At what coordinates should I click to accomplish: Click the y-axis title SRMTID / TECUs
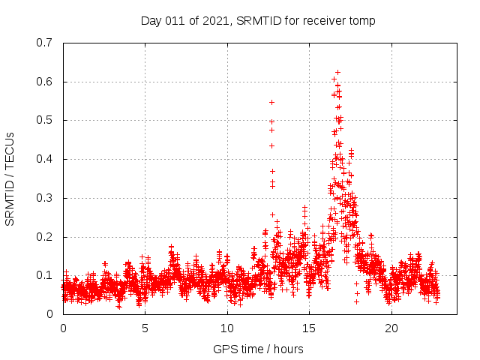tap(10, 178)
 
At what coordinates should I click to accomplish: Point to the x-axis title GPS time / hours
tap(259, 349)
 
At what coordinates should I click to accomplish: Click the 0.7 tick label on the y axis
tap(44, 43)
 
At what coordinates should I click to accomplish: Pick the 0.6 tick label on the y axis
tap(44, 82)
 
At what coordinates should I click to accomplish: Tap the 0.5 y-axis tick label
tap(44, 120)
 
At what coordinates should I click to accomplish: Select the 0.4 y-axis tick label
tap(44, 159)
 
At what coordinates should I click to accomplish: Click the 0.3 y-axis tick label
tap(44, 198)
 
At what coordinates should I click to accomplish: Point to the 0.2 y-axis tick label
tap(44, 237)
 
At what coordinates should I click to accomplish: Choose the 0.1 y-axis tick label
tap(44, 275)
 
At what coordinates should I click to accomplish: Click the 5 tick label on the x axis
tap(145, 328)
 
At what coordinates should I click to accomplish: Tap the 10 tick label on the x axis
tap(227, 328)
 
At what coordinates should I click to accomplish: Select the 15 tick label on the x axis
tap(309, 328)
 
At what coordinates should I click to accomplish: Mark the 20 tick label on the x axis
tap(391, 328)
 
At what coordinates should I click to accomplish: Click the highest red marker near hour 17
tap(337, 72)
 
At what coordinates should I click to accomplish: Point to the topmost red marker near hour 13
tap(271, 102)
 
